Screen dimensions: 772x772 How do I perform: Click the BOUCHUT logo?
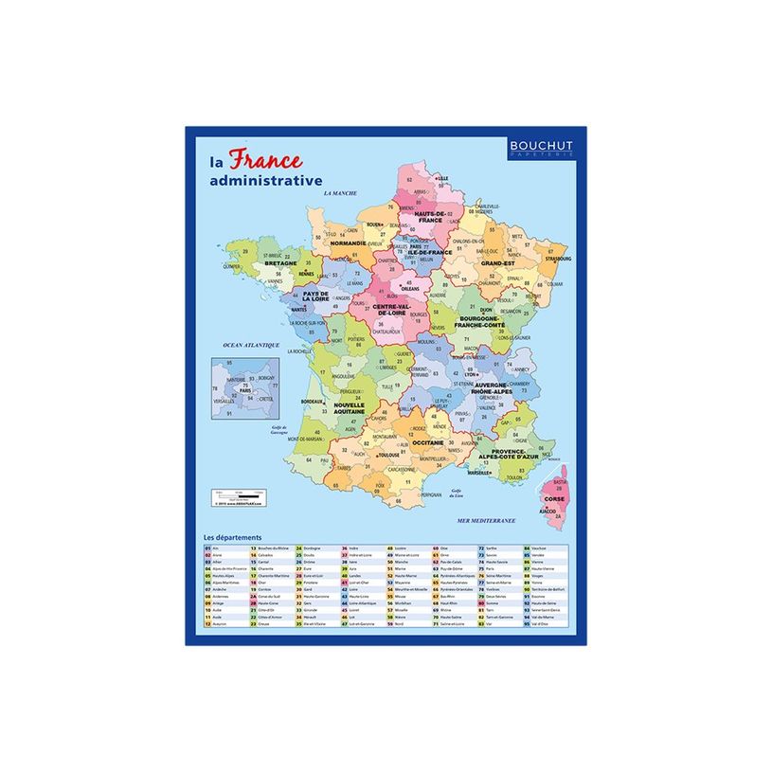pos(541,146)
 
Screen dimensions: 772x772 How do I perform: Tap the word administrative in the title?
pos(266,180)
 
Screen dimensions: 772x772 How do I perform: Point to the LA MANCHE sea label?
pos(339,193)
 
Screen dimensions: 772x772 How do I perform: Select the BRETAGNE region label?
pos(280,262)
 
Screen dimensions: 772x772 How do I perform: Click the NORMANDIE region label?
pos(349,242)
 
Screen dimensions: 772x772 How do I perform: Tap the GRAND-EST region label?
pos(497,262)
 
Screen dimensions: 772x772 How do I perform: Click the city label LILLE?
pos(442,178)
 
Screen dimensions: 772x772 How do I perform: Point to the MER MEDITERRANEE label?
pos(486,520)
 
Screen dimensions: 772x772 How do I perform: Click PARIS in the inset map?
pos(244,390)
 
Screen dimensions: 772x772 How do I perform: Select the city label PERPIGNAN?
pos(432,494)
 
